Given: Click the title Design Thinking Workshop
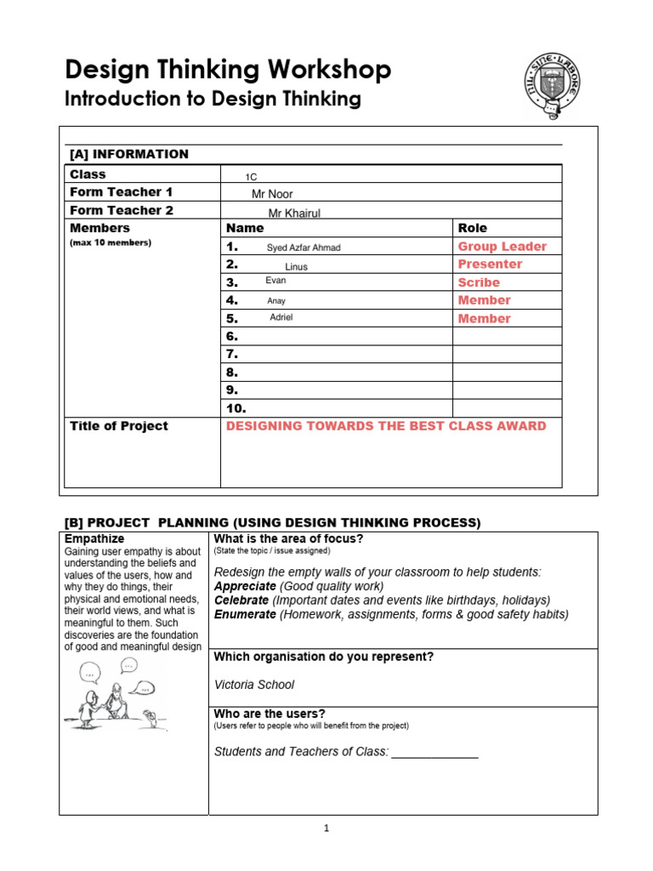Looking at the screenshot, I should click(x=228, y=70).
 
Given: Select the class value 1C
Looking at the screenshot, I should click(x=251, y=177).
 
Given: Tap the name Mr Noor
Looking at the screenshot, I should click(x=272, y=195).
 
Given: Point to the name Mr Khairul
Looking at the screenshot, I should click(x=294, y=213).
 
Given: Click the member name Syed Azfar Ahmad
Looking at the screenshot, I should click(x=304, y=248).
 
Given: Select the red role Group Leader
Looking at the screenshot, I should click(x=502, y=247).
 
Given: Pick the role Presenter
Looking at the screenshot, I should click(x=490, y=265).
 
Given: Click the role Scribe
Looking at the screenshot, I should click(x=479, y=282).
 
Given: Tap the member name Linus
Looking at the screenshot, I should click(x=296, y=267).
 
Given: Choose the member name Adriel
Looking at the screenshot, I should click(x=281, y=317).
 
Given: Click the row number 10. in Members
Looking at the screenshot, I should click(x=236, y=408).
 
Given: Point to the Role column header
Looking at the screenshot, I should click(x=473, y=228).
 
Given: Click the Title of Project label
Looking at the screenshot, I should click(x=118, y=426).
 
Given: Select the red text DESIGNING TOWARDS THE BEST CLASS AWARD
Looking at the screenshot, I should click(x=386, y=426).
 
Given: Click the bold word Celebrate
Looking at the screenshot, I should click(x=245, y=601).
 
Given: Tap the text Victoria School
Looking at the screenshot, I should click(x=254, y=685).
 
